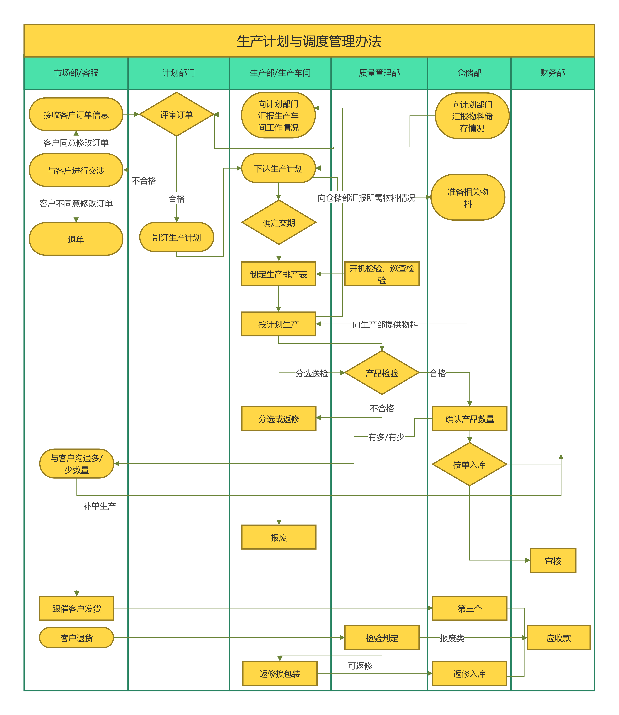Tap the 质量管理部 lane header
pos(379,73)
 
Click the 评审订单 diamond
pos(177,114)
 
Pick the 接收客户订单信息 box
pos(76,114)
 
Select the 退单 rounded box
pos(76,239)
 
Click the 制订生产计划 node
pos(177,237)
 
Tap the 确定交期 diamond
pos(279,222)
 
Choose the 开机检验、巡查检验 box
pos(382,274)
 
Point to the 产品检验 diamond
pos(382,373)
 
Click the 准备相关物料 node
pos(468,197)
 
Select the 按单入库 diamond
pos(469,464)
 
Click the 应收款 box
pos(559,638)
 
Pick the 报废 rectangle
pos(279,537)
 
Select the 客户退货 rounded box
pos(76,638)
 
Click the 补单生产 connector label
pos(99,506)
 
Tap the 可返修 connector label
pos(360,666)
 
